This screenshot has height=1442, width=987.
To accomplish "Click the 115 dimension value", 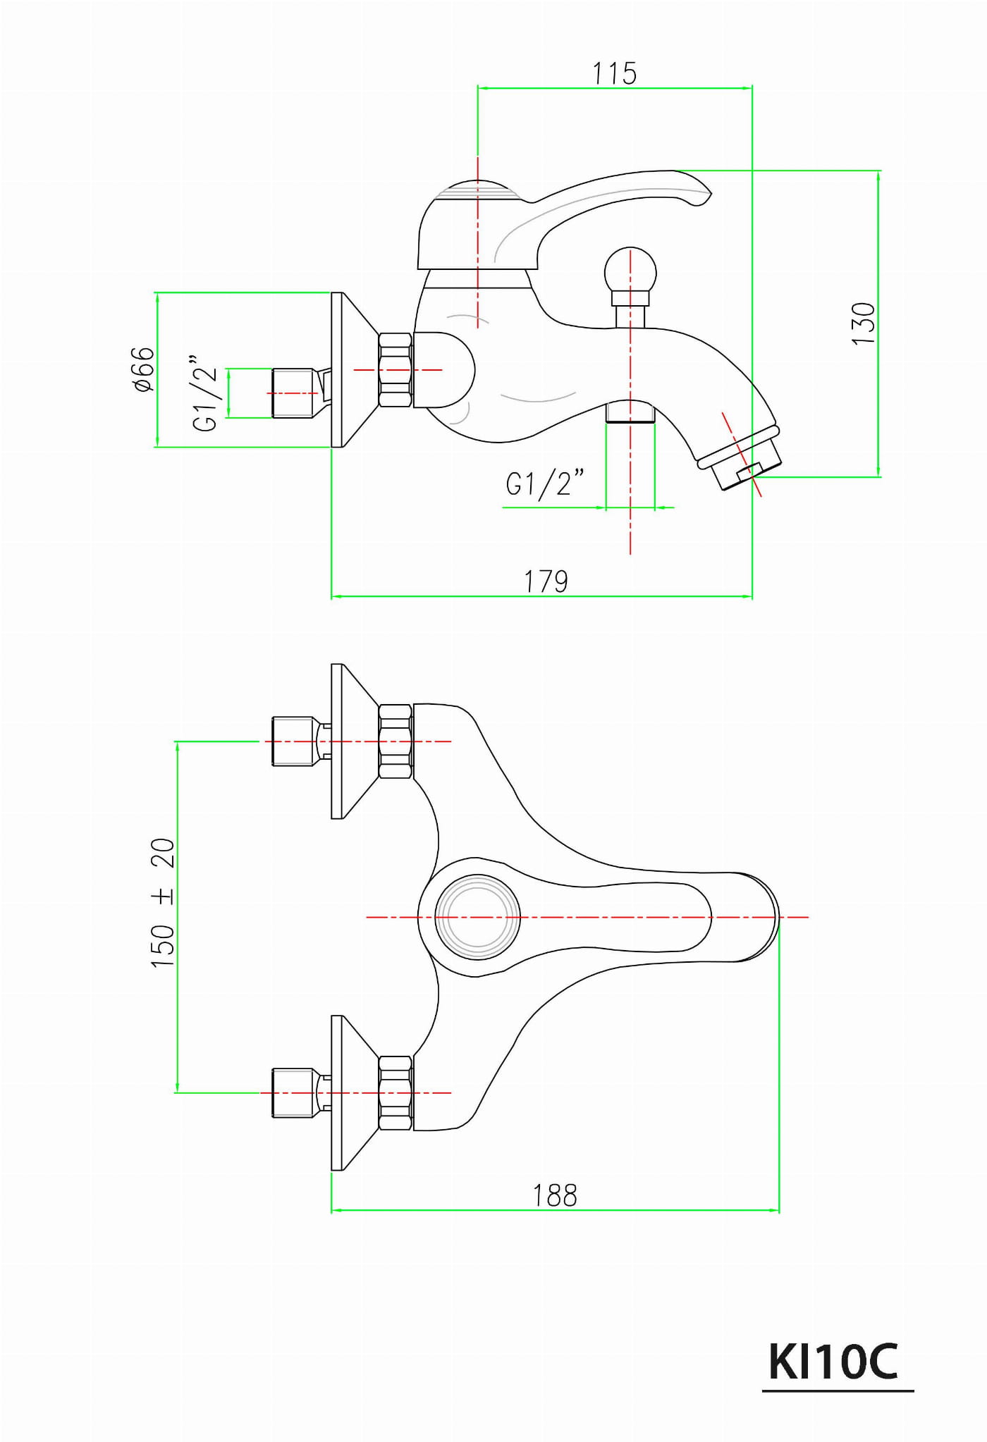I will (615, 73).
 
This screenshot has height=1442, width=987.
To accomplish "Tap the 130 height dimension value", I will (864, 323).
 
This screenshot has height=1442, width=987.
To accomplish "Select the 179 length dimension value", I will (546, 581).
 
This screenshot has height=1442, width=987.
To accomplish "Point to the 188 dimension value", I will (555, 1195).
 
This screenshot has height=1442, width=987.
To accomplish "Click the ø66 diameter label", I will (144, 369).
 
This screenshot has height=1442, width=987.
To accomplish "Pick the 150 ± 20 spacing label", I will (163, 903).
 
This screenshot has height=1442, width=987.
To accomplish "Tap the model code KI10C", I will (833, 1362).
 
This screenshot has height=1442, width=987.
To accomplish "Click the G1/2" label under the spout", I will (545, 483).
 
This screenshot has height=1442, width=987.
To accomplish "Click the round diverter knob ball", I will (630, 273).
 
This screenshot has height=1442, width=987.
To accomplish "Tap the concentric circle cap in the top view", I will (477, 917).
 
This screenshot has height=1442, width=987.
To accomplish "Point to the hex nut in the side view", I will (396, 369).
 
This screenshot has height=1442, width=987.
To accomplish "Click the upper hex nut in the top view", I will (396, 741).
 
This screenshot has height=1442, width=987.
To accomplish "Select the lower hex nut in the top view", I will (396, 1093).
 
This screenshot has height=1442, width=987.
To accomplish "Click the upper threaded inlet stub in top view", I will (293, 741).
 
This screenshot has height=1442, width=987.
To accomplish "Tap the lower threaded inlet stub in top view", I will (293, 1093).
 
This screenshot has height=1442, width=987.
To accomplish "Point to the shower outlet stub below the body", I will (630, 412).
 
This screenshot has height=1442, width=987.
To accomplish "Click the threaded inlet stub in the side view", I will (293, 393).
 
